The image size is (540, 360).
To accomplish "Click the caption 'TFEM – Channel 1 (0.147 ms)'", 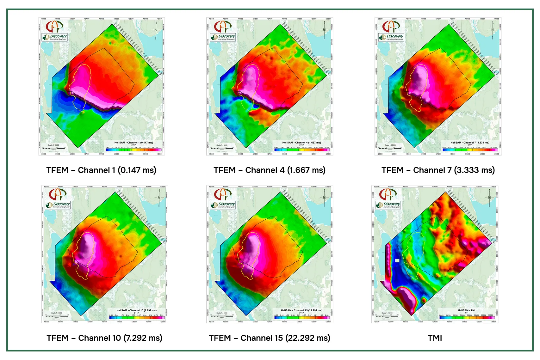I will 101,170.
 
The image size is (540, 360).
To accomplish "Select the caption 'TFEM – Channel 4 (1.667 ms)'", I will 270,170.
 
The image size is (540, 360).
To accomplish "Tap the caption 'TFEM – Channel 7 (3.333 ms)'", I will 438,170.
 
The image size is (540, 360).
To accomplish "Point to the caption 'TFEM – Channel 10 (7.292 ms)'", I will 104,338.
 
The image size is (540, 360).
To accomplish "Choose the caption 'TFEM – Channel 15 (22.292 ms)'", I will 270,338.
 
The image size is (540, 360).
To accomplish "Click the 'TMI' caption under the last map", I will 435,338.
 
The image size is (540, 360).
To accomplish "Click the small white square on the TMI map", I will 397,260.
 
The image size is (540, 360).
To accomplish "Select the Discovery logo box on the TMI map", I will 388,205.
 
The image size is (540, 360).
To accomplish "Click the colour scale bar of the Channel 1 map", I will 134,150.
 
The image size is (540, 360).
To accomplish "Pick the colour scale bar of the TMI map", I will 466,318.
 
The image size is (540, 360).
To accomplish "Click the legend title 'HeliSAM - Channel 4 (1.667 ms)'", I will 301,143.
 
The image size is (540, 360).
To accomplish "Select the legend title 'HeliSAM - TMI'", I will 466,310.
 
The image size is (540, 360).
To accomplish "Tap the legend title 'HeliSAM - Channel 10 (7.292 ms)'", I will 136,310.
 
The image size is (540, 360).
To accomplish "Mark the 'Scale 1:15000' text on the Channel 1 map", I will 53,145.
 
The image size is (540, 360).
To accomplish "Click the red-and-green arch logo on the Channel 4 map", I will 223,27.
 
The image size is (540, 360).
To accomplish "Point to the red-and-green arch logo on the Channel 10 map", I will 58,194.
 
